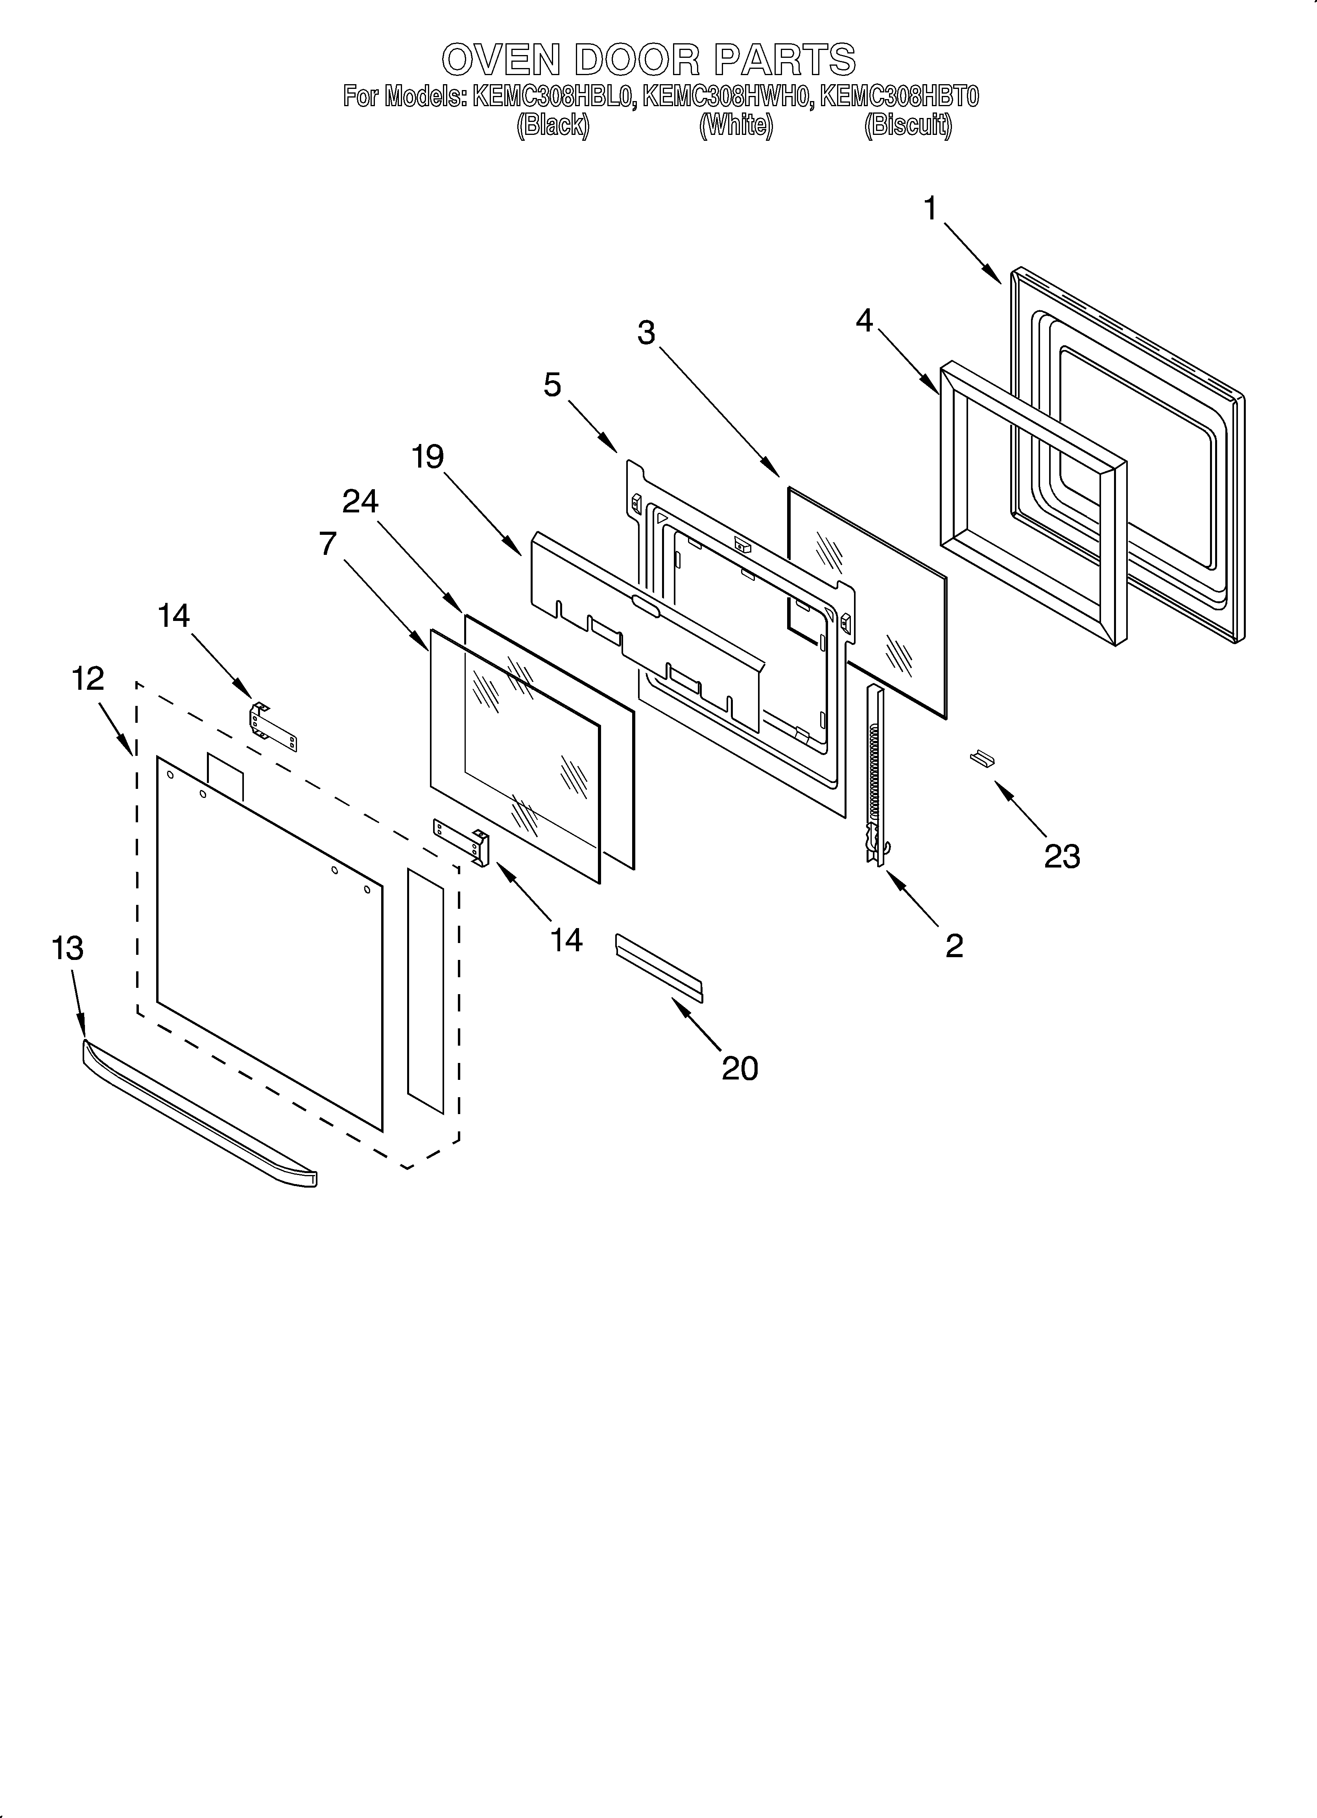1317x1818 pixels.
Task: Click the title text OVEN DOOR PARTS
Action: pyautogui.click(x=648, y=59)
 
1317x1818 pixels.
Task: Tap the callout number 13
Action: pyautogui.click(x=67, y=948)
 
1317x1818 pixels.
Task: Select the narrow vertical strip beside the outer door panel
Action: pyautogui.click(x=425, y=990)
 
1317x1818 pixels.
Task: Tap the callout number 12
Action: pyautogui.click(x=87, y=679)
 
